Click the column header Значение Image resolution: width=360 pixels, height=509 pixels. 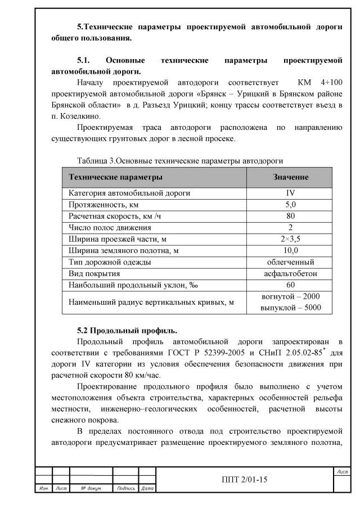290,177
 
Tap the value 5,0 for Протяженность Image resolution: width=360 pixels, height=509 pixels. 290,204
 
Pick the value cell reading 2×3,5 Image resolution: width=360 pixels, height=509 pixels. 290,239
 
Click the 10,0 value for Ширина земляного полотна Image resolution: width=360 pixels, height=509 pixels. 290,250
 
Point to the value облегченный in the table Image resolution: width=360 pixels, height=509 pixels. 290,262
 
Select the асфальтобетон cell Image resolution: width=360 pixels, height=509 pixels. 290,273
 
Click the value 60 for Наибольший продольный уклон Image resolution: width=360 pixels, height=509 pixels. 290,285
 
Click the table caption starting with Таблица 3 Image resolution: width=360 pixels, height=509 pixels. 179,161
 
